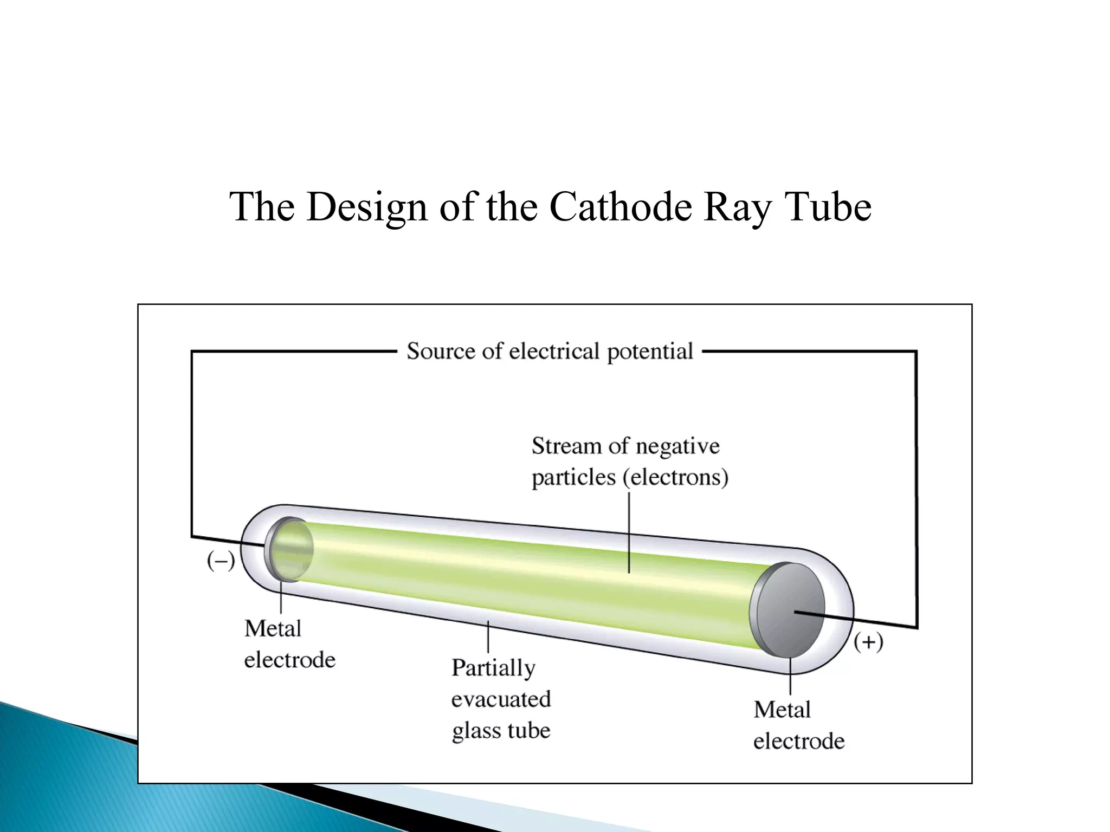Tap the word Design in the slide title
[x=366, y=207]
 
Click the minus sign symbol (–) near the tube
[x=221, y=561]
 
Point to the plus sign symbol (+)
[x=868, y=642]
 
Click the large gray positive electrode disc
[x=789, y=610]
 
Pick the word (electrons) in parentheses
[x=675, y=477]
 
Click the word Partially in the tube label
[x=493, y=668]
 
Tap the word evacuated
[x=501, y=699]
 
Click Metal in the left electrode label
[x=273, y=629]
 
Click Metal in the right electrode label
[x=782, y=710]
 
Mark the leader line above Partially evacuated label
[x=488, y=637]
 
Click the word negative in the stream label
[x=677, y=446]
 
